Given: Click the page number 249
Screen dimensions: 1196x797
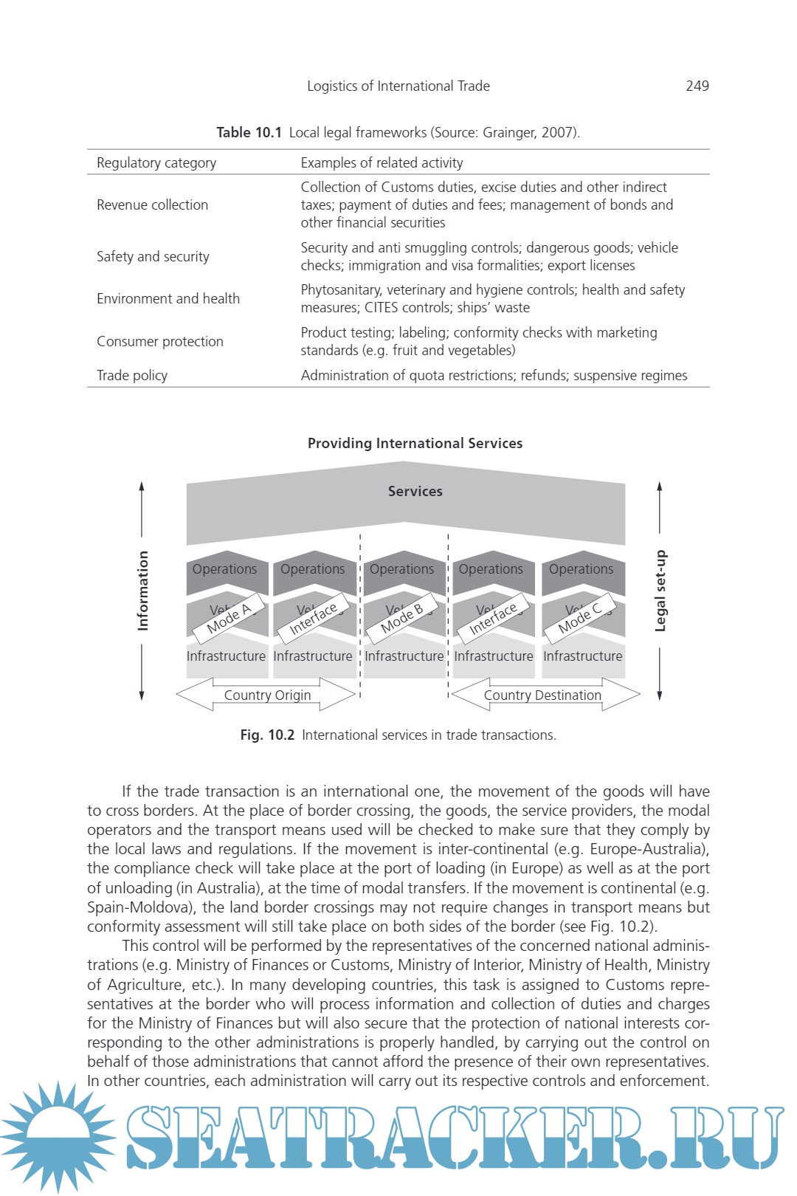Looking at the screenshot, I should coord(697,86).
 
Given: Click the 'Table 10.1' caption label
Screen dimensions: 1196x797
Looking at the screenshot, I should coord(249,132).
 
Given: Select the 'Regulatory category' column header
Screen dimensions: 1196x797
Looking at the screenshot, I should coord(156,162).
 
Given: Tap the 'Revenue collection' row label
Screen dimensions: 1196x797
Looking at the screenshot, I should coord(152,205).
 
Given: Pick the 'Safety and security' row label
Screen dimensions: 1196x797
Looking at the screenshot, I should coord(153,256).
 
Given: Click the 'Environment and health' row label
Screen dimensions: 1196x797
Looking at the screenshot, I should coord(168,298).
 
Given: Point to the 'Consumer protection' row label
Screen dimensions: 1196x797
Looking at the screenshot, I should coord(159,341).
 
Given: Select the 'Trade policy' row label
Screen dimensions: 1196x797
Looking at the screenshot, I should coord(132,375).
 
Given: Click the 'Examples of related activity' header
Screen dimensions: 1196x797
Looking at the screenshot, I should coord(382,162).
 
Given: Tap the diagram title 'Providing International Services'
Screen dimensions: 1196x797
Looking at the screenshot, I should coord(415,443).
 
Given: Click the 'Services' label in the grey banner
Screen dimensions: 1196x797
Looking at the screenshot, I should coord(415,491).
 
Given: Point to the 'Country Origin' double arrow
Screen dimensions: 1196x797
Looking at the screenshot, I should coord(267,695).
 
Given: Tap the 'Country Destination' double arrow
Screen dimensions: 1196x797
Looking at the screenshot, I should coord(543,695).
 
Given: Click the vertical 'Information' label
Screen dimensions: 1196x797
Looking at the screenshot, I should coord(142,591).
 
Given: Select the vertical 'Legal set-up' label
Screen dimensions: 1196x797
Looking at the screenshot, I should coord(660,591).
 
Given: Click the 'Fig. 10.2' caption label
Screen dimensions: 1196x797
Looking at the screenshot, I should coord(267,735).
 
